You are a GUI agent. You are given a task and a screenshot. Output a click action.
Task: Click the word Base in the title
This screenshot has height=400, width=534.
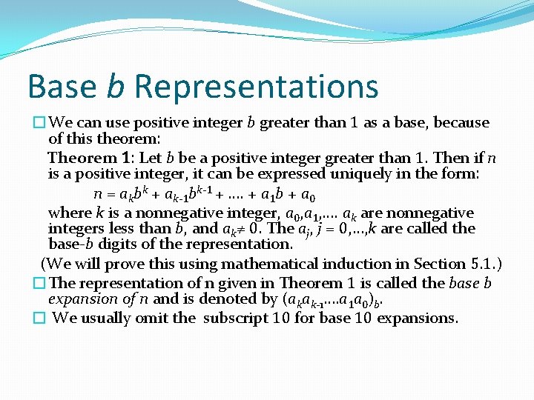62,87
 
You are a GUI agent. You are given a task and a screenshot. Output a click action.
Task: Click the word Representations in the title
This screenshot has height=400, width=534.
256,87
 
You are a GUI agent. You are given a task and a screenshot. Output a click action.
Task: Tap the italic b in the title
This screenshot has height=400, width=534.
115,87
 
